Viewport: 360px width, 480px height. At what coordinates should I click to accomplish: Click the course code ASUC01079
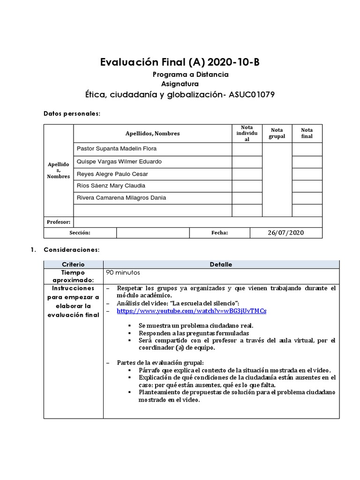(251, 95)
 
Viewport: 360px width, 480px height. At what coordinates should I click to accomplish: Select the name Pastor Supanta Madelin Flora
(117, 149)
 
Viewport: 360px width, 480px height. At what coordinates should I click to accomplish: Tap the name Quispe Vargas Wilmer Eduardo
(119, 161)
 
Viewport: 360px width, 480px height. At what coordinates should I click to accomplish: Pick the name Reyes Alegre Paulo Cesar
(112, 174)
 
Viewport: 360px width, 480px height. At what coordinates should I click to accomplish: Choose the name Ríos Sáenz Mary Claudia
(111, 186)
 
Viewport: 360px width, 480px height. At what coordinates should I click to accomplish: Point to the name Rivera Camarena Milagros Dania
(121, 198)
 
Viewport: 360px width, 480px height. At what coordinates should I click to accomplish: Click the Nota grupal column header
(277, 133)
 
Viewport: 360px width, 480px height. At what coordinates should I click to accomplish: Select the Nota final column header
(307, 133)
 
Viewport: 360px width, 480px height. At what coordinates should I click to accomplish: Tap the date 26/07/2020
(286, 232)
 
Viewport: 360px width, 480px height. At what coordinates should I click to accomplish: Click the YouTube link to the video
(191, 311)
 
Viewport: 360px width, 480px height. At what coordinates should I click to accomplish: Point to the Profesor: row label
(59, 222)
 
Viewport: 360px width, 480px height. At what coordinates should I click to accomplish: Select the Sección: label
(80, 232)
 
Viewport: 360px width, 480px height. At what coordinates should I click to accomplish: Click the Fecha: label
(219, 232)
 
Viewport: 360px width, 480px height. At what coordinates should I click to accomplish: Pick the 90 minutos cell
(123, 272)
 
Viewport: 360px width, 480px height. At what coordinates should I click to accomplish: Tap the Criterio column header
(73, 264)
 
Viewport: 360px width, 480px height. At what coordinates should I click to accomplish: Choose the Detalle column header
(221, 264)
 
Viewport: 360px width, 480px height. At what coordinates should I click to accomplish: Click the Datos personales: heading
(72, 113)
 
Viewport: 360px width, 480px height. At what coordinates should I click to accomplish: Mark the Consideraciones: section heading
(71, 250)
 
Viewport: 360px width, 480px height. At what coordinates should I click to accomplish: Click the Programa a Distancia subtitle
(191, 75)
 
